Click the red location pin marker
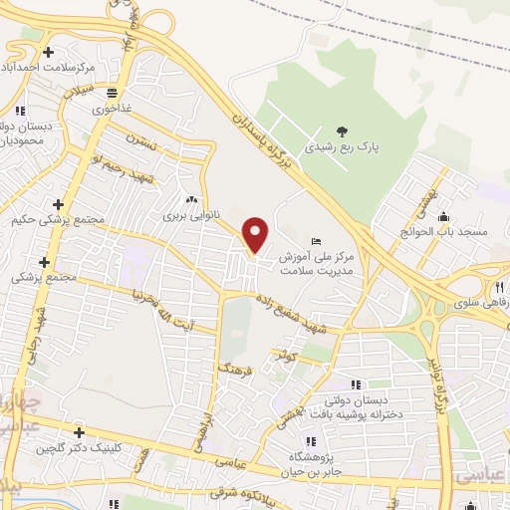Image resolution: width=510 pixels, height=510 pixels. coord(256,234)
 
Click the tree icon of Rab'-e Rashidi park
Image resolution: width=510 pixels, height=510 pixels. coord(342,130)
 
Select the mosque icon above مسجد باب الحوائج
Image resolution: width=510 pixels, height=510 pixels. coord(443,218)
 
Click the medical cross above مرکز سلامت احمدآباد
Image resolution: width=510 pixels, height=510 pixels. coord(47,51)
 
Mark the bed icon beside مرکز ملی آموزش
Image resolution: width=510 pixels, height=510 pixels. coord(317,241)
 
